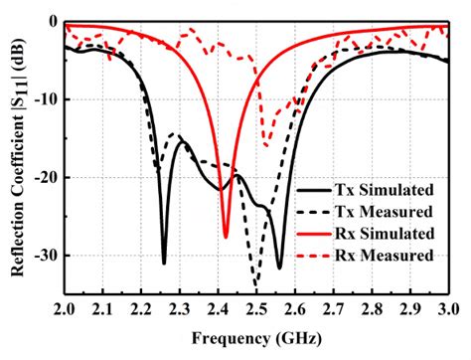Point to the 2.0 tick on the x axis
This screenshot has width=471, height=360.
point(66,309)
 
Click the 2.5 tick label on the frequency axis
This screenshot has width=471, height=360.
point(256,309)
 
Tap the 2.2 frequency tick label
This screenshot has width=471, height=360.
point(142,309)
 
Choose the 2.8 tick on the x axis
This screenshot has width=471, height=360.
point(371,309)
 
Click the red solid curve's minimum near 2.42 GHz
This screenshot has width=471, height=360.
point(226,238)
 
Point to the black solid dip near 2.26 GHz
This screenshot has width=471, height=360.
point(165,263)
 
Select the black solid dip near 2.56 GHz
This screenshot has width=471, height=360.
point(279,268)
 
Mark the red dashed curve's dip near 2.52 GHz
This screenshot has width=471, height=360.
point(264,143)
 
